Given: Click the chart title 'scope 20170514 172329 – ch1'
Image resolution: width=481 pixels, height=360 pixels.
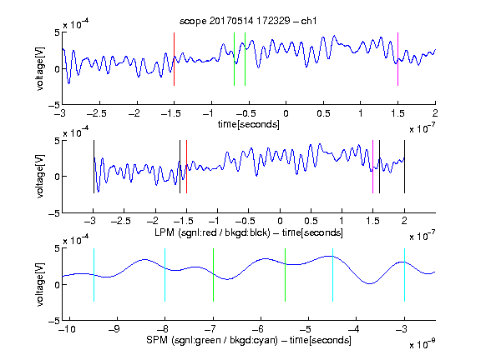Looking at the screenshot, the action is pyautogui.click(x=248, y=21).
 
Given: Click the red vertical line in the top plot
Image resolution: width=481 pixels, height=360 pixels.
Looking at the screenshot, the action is pyautogui.click(x=174, y=59).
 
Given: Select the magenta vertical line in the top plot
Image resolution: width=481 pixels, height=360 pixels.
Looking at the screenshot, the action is pyautogui.click(x=397, y=59).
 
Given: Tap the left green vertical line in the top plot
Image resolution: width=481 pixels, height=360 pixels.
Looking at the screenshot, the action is pyautogui.click(x=234, y=59).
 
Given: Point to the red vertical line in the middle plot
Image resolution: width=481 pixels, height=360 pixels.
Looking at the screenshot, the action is pyautogui.click(x=186, y=167).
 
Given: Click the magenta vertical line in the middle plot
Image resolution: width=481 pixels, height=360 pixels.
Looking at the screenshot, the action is pyautogui.click(x=372, y=167).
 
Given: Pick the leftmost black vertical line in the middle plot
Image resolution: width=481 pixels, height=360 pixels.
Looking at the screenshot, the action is pyautogui.click(x=94, y=167).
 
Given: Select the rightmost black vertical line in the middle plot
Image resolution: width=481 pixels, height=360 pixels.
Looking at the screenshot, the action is pyautogui.click(x=404, y=167).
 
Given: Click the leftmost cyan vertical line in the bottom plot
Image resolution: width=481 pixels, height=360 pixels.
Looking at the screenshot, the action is pyautogui.click(x=94, y=275).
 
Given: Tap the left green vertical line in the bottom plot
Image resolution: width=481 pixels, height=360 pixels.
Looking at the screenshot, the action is pyautogui.click(x=213, y=275).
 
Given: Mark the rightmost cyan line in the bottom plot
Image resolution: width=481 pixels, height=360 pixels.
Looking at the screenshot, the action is pyautogui.click(x=404, y=275).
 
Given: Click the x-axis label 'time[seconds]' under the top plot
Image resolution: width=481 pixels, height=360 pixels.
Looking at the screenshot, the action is pyautogui.click(x=249, y=124).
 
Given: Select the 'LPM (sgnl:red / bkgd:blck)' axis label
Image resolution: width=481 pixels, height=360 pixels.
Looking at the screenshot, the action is pyautogui.click(x=212, y=232).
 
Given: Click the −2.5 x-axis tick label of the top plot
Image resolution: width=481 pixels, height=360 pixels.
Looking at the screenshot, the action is pyautogui.click(x=97, y=113).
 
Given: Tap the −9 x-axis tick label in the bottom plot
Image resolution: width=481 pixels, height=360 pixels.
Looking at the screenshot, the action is pyautogui.click(x=114, y=329).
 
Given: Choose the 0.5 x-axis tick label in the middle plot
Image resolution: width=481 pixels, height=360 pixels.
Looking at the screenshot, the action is pyautogui.click(x=311, y=221).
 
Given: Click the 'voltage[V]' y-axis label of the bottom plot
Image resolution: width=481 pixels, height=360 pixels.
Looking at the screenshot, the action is pyautogui.click(x=40, y=284).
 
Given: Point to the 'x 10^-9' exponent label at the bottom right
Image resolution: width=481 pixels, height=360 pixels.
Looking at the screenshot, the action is pyautogui.click(x=422, y=344).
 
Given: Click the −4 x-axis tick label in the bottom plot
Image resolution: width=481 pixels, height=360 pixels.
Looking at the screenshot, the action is pyautogui.click(x=354, y=329).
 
